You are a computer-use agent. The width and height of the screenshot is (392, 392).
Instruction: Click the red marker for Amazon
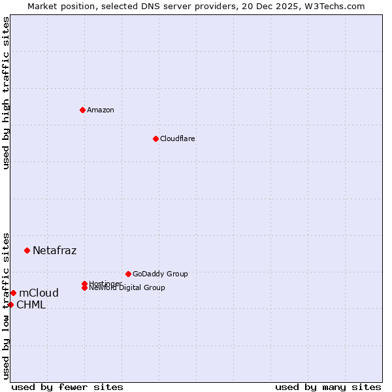click(x=82, y=110)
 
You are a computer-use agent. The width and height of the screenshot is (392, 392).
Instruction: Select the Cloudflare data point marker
click(x=155, y=139)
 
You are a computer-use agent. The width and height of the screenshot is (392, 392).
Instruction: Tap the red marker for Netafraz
click(x=27, y=250)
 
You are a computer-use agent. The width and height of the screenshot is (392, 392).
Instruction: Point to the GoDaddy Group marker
click(x=128, y=274)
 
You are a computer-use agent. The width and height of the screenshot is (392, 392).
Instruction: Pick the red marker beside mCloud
click(x=13, y=293)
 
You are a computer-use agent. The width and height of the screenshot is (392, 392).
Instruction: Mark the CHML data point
click(x=10, y=304)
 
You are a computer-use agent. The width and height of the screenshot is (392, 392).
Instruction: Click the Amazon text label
click(x=101, y=110)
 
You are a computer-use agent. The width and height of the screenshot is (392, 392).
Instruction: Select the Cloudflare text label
click(x=178, y=139)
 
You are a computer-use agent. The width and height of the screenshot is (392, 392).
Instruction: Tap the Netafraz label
click(x=55, y=250)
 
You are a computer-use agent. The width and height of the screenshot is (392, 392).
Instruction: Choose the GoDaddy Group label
click(x=160, y=274)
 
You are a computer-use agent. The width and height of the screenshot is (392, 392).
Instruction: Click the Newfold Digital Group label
click(x=127, y=288)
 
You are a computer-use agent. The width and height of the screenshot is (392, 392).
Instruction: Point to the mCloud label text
click(x=39, y=293)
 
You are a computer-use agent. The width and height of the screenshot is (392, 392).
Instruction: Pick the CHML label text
click(x=31, y=304)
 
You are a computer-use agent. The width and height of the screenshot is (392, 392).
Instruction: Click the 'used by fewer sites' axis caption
click(x=67, y=387)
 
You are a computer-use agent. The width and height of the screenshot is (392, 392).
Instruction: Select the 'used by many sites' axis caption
click(x=328, y=387)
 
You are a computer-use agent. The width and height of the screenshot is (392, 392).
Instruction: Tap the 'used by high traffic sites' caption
click(x=6, y=93)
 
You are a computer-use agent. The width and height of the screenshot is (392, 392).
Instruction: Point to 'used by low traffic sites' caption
click(x=6, y=305)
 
